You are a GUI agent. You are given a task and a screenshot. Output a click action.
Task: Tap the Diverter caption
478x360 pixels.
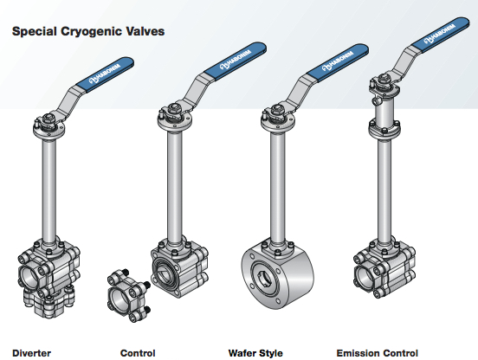point(31,353)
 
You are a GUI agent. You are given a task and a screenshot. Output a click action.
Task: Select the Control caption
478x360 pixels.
point(138,353)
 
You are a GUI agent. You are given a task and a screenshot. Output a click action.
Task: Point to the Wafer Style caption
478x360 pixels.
point(255,353)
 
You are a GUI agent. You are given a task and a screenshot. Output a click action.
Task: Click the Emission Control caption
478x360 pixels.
point(377,353)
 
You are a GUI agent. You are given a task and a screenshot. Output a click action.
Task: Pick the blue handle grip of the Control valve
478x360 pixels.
point(236,61)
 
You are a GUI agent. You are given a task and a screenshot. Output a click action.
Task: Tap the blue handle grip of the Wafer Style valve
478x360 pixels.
point(338,62)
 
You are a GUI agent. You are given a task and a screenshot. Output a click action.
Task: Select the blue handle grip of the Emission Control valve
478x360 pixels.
point(440,35)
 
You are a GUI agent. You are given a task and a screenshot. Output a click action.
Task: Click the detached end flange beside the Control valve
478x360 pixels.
point(128,295)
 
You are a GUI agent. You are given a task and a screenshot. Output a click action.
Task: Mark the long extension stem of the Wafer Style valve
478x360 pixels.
point(278,186)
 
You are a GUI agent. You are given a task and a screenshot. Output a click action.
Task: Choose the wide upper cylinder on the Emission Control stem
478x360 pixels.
point(384,113)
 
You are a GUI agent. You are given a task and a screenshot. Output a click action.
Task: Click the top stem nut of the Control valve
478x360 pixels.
point(176,108)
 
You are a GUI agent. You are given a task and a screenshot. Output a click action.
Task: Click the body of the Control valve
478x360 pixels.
point(180,268)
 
